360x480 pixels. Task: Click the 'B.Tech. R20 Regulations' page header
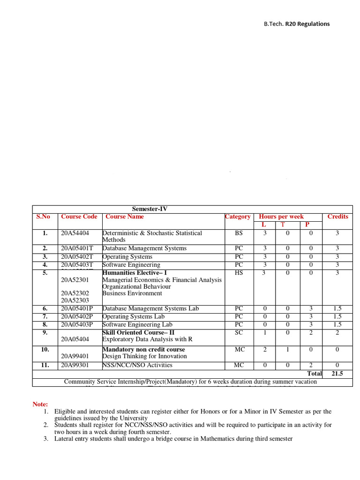point(297,24)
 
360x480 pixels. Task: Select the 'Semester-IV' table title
point(150,209)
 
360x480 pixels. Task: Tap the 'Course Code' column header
point(79,217)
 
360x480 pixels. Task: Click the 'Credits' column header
point(337,217)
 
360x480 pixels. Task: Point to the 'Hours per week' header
point(281,217)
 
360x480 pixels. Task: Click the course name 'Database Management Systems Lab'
point(150,308)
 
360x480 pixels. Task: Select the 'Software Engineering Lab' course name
point(137,324)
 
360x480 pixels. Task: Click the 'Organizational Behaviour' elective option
point(136,286)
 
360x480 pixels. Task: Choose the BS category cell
point(239,233)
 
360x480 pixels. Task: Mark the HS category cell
point(239,273)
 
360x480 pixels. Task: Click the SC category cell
point(239,332)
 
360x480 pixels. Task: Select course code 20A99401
point(75,356)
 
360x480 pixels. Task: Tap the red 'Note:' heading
point(40,404)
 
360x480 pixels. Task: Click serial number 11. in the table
point(45,365)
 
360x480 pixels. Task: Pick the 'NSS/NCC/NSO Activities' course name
point(137,365)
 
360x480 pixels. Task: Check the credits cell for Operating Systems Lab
point(337,316)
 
